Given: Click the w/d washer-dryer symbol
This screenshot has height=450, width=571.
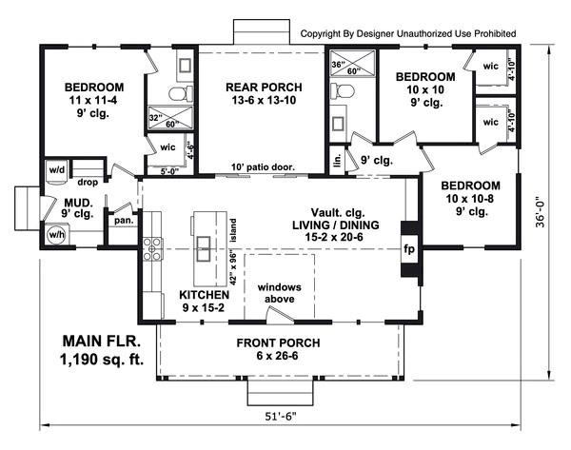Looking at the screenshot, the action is click(x=57, y=172).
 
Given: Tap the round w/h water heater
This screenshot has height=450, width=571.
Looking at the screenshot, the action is click(x=57, y=235).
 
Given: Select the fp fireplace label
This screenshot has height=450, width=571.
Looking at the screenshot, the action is click(x=409, y=249).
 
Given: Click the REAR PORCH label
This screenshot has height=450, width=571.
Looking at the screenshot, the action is click(x=264, y=88).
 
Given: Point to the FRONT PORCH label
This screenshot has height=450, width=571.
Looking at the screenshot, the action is click(x=278, y=342).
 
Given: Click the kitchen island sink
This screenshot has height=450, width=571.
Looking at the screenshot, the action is click(x=204, y=249).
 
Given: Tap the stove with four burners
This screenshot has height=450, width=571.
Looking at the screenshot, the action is click(x=152, y=249).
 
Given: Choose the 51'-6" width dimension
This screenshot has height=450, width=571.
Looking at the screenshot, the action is click(x=281, y=416).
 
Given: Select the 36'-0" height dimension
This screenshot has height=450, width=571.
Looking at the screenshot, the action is click(x=541, y=212).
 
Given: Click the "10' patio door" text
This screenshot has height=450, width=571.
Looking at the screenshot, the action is click(x=263, y=167).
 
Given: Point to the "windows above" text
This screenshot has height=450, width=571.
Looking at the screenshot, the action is click(x=279, y=293).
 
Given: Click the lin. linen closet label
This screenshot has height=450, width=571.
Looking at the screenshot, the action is click(x=337, y=160).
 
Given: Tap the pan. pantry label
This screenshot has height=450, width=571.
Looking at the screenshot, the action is click(x=124, y=221).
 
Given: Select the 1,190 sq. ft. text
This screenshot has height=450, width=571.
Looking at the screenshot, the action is click(x=102, y=360).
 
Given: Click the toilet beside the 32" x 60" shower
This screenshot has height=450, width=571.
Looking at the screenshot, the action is click(x=181, y=93).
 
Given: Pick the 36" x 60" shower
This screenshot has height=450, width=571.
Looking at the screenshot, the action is click(x=352, y=64).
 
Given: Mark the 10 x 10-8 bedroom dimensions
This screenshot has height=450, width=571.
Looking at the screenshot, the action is click(x=470, y=199).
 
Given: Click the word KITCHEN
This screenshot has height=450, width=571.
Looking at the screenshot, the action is click(x=204, y=295).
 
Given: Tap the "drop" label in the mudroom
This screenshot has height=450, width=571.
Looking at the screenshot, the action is click(x=88, y=183).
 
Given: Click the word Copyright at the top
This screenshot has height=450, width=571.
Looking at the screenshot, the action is click(x=321, y=34).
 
